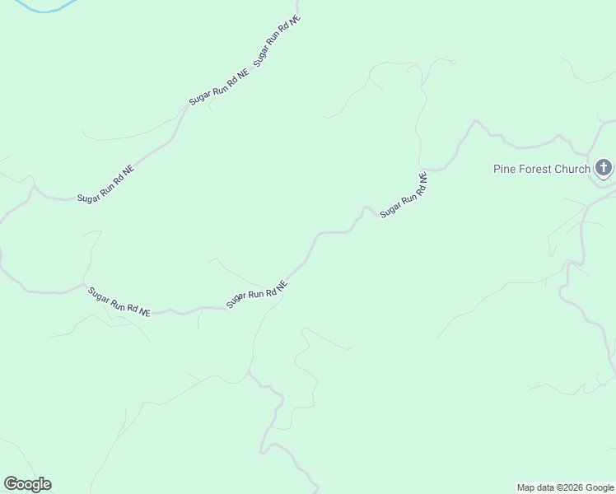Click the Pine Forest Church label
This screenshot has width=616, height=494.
[x=542, y=169]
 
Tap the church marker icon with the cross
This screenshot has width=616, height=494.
[x=604, y=168]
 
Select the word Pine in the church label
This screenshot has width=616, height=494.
[x=503, y=169]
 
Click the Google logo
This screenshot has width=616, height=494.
[x=28, y=484]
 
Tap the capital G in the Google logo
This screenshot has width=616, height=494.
[x=11, y=484]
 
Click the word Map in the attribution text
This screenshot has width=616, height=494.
[x=525, y=487]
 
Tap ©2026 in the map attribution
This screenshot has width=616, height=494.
[x=571, y=487]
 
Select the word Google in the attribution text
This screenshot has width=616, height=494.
[x=600, y=487]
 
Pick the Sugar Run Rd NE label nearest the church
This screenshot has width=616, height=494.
[x=404, y=195]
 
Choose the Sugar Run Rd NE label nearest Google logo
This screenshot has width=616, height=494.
[x=119, y=301]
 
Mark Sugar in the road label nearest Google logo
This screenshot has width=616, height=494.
[x=99, y=294]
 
